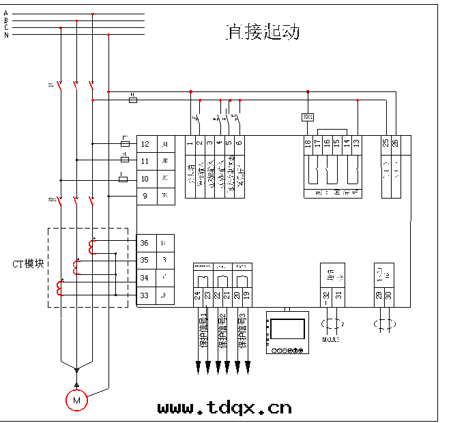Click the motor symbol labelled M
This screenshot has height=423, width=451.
76,400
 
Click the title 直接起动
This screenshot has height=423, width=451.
263,32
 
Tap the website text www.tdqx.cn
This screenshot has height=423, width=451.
224,407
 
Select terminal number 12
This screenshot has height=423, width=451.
145,144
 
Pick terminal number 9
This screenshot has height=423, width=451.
145,196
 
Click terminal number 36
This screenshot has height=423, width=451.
145,244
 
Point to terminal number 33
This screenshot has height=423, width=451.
145,295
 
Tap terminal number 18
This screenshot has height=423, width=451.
308,143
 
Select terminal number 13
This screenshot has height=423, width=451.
356,143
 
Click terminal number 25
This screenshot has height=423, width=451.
385,143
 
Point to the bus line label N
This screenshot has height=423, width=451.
6,35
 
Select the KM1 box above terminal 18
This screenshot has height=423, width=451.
308,117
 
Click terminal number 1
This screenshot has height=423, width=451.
190,143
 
